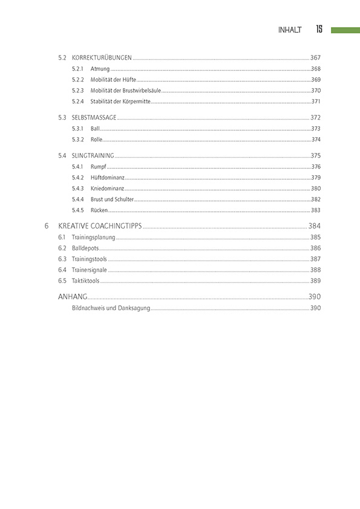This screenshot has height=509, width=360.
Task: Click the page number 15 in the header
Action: (319, 29)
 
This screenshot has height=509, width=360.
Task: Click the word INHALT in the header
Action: (290, 30)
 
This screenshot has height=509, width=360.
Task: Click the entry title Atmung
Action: (100, 69)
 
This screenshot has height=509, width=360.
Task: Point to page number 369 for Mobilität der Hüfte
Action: (315, 80)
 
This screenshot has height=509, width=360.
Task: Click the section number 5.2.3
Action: (77, 91)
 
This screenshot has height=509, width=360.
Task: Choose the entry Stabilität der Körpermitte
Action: (120, 102)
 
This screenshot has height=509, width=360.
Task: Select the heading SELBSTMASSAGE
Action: (94, 117)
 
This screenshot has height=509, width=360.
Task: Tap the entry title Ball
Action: (95, 129)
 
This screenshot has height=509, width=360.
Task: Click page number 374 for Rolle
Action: (315, 140)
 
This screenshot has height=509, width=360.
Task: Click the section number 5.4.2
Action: (77, 177)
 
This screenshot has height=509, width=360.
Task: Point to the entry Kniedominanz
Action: (108, 189)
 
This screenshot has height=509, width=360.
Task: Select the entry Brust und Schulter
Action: (112, 199)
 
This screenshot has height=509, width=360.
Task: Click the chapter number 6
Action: (47, 226)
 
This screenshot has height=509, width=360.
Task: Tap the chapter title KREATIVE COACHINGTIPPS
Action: (99, 226)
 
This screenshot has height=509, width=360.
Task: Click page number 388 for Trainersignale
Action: (315, 270)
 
